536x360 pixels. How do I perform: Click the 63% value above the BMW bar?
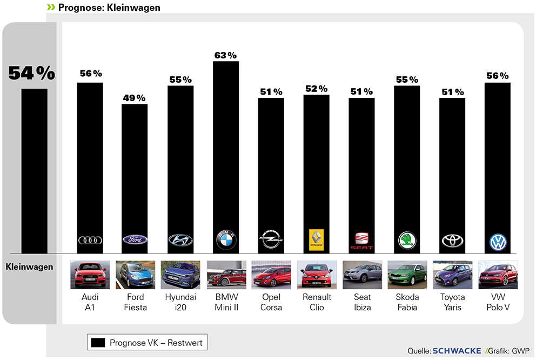(225, 55)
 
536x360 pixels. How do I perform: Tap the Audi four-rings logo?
(90, 241)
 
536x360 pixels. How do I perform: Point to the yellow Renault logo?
(316, 239)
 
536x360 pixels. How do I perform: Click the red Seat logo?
(361, 241)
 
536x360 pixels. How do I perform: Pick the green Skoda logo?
(406, 240)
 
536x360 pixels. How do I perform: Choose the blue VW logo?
(497, 242)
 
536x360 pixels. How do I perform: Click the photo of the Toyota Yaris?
(452, 274)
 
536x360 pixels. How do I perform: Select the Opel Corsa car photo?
(271, 274)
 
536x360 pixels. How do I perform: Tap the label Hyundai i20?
(180, 302)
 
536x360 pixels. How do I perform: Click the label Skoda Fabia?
(407, 302)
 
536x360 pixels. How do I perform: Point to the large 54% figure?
(31, 73)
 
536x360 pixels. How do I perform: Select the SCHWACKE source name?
(457, 351)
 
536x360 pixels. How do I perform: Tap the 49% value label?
(135, 98)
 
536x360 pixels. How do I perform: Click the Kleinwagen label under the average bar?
(30, 266)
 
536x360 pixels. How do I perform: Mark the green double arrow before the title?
(51, 7)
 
